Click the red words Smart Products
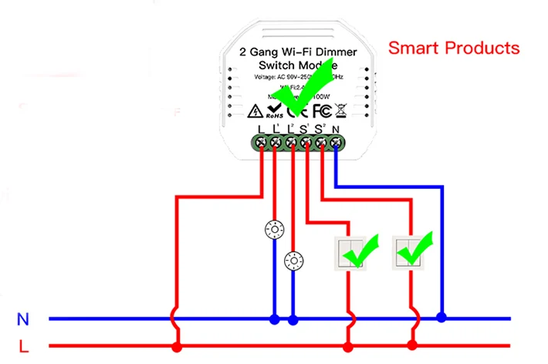click(453, 48)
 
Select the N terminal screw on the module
click(336, 142)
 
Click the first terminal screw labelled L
click(262, 142)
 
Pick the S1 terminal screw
click(306, 142)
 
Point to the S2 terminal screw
click(321, 142)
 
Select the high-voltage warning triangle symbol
click(255, 110)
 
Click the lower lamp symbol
click(293, 261)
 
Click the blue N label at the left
click(23, 318)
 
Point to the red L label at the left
click(24, 346)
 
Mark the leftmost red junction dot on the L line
click(177, 346)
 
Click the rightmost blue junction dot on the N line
click(441, 317)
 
